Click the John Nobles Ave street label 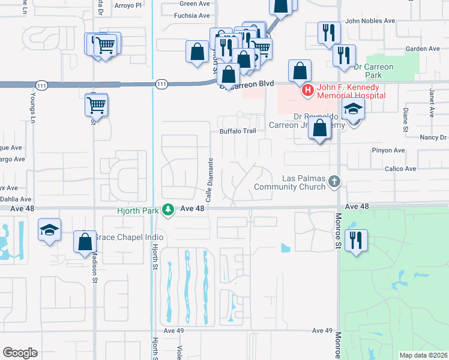click(370, 20)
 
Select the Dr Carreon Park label click(373, 71)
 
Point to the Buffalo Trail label click(234, 131)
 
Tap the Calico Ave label click(402, 169)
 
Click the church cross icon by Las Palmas click(334, 181)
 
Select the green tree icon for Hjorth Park click(169, 209)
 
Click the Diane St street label click(406, 120)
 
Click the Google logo click(20, 352)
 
